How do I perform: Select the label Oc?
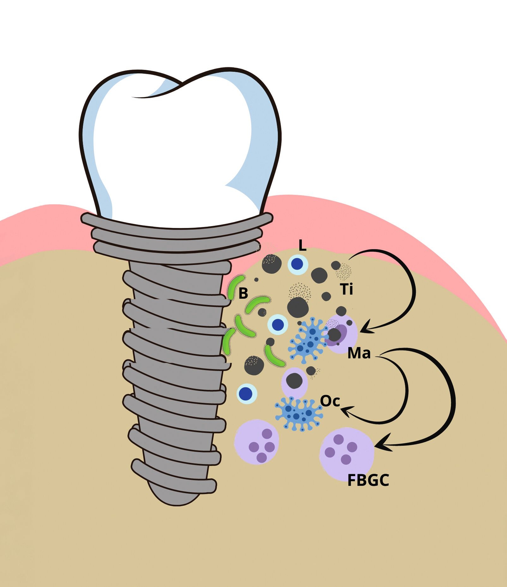(x=330, y=401)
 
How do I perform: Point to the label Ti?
(x=347, y=289)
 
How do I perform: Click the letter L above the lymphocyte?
(x=303, y=245)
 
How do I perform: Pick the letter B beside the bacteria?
(x=243, y=293)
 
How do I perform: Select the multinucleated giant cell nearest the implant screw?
(x=257, y=442)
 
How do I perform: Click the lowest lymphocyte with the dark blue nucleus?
(x=247, y=393)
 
